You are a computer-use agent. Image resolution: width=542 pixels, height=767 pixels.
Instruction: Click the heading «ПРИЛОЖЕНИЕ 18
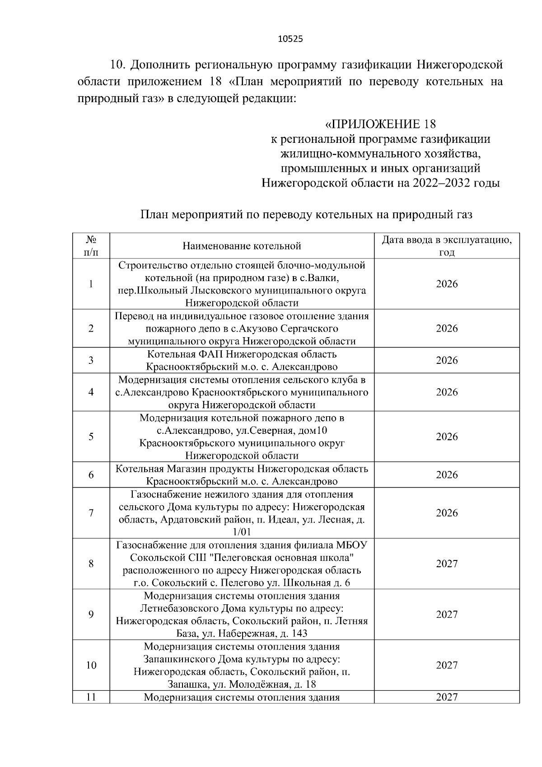point(381,124)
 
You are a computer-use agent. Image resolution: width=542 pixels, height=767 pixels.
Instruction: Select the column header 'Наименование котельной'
point(242,246)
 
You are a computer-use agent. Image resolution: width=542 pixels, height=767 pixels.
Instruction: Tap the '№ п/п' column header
point(91,245)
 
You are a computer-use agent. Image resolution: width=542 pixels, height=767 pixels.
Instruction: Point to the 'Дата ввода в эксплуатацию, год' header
point(447,245)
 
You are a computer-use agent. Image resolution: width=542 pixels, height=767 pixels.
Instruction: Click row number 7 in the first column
point(91,513)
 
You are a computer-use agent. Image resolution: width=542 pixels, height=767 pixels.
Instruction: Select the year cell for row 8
point(447,564)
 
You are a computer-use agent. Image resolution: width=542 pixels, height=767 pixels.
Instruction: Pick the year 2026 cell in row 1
point(447,284)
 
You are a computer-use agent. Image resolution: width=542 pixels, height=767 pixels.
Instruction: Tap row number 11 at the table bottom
point(91,697)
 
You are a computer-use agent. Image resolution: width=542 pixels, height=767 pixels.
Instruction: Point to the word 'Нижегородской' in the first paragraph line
point(459,65)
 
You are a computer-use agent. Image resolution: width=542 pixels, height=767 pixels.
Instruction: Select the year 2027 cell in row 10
point(447,665)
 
